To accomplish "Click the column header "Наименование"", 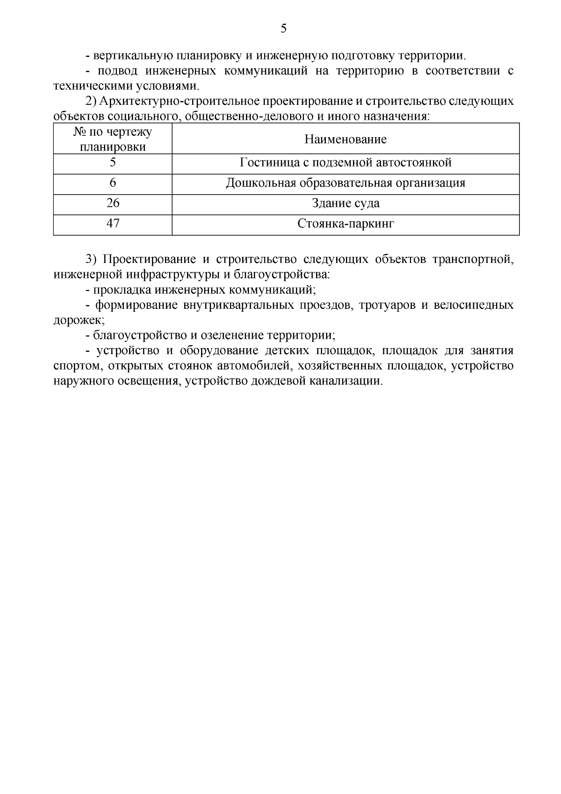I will [x=345, y=139].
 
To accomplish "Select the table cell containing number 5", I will [x=113, y=163].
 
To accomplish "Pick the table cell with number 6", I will [x=113, y=183].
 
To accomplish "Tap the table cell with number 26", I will [x=113, y=204].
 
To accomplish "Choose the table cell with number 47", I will [x=113, y=224].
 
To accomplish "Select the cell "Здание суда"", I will [x=345, y=204].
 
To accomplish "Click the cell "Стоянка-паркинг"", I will [x=345, y=224].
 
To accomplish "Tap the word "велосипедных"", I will [x=474, y=305].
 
